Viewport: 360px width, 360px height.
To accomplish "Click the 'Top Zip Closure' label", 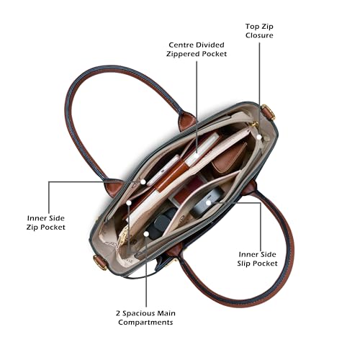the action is click(259, 31).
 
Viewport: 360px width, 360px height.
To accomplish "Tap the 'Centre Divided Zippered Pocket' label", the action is click(197, 50).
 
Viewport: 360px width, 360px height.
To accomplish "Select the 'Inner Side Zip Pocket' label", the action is click(46, 222).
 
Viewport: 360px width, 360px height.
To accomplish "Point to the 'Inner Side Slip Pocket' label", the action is click(257, 259).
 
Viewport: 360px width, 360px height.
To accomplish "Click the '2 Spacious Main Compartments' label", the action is click(145, 318).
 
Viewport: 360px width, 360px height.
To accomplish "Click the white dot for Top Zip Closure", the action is click(259, 137).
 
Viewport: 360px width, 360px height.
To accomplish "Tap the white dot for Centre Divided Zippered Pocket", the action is click(197, 155).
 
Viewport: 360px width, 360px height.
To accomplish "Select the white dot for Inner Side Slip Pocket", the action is click(208, 203).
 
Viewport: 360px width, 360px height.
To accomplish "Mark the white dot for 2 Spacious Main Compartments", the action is click(146, 233).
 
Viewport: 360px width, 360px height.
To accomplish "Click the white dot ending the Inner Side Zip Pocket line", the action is click(143, 181).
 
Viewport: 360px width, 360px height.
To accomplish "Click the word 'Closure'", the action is click(259, 35).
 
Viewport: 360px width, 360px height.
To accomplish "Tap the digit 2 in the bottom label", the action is click(118, 313).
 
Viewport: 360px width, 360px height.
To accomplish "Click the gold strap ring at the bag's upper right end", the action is click(269, 112).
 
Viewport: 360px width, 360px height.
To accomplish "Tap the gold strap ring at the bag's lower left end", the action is click(100, 263).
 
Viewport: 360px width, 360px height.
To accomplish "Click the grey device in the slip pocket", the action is click(207, 201).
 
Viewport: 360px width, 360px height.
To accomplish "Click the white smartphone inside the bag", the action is click(163, 171).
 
